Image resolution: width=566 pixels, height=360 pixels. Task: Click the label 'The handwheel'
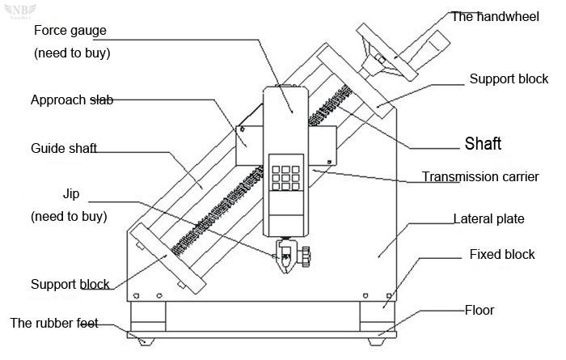point(495,17)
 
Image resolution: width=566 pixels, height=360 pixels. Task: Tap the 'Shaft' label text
point(483,144)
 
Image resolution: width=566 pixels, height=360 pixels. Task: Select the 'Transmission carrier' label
point(480,176)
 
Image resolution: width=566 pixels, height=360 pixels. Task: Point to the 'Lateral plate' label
point(488,218)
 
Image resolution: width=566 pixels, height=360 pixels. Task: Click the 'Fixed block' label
point(502,254)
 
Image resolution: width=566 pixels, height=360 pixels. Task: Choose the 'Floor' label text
point(479,310)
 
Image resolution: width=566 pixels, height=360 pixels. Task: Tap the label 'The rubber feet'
point(54,323)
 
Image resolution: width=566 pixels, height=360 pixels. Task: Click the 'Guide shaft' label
point(64,148)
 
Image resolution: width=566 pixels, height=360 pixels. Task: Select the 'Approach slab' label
point(72,100)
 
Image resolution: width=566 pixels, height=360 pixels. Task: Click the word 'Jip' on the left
point(71,194)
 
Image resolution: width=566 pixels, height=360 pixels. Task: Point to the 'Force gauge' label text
point(70,31)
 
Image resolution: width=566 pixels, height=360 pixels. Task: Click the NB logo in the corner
point(20,11)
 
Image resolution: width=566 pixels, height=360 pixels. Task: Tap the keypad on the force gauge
point(285,178)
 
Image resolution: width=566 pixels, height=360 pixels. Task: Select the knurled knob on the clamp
point(306,256)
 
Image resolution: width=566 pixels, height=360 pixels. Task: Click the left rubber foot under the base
point(146,341)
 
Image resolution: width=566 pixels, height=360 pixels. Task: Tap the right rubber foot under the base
point(376,341)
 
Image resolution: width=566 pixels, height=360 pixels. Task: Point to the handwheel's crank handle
point(424,50)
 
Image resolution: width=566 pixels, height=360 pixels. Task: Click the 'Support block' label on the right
point(509,79)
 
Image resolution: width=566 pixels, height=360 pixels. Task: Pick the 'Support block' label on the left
point(70,284)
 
